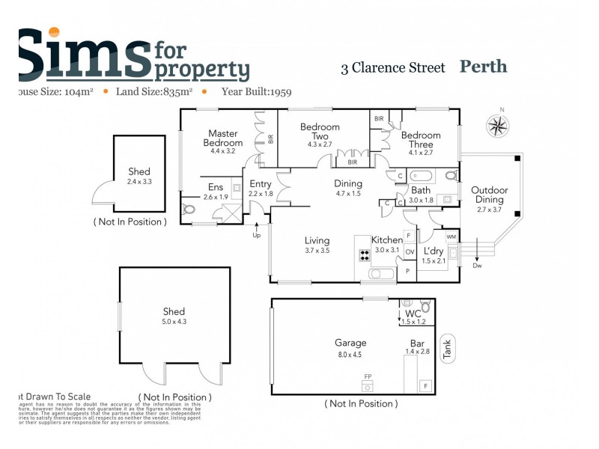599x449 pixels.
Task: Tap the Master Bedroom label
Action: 223,138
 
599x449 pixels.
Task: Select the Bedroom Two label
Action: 320,132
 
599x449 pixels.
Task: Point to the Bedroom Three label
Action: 420,140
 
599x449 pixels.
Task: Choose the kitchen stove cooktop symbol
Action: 365,255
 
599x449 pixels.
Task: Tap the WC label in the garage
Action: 413,313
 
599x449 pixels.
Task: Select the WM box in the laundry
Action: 451,236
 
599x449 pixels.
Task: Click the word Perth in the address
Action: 483,67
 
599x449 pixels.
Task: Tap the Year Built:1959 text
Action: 256,92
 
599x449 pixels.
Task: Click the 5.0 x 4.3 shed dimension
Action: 174,322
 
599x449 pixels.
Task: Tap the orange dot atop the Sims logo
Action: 53,32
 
